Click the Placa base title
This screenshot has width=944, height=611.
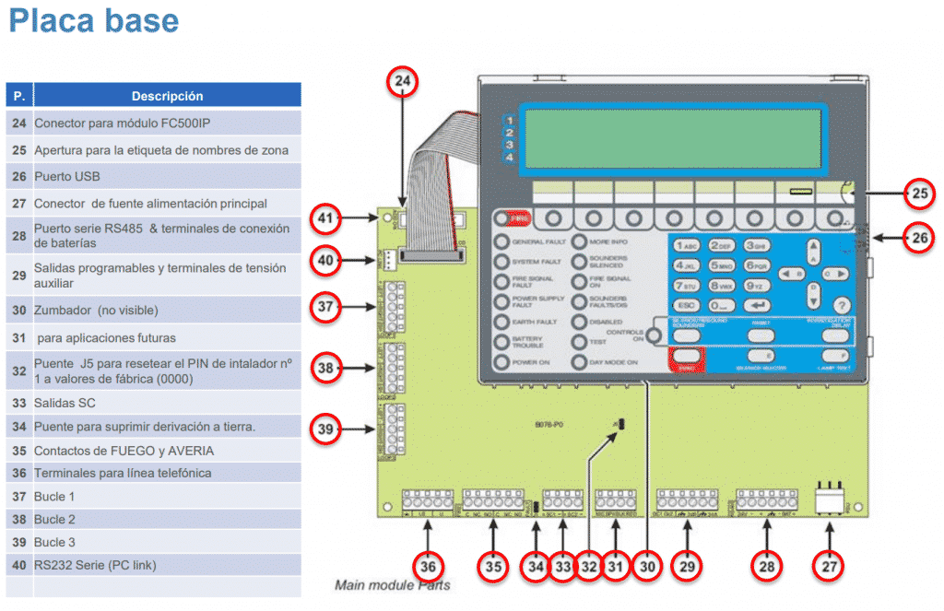pos(93,20)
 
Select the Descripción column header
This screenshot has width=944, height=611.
pos(167,96)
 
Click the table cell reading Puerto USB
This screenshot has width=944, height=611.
pos(67,176)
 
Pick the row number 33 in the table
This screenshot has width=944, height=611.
pos(19,403)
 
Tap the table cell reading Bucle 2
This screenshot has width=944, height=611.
pos(55,519)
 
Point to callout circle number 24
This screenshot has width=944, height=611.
pos(402,82)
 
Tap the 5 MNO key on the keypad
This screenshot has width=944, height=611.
pos(721,265)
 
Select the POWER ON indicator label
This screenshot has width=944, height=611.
pos(532,362)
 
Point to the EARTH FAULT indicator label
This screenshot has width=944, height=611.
pos(533,322)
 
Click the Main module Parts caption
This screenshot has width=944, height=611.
pos(393,585)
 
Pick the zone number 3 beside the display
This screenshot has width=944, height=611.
pos(509,146)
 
